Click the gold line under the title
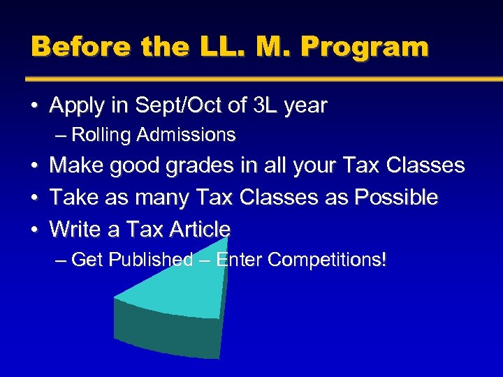click(x=265, y=79)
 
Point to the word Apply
click(x=76, y=105)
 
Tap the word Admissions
click(x=187, y=134)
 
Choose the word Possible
click(x=396, y=198)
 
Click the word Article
click(x=199, y=229)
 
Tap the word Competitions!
click(x=327, y=260)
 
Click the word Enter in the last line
click(x=239, y=260)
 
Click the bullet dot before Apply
click(x=34, y=106)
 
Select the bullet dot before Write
click(x=34, y=230)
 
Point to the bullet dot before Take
click(x=34, y=198)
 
